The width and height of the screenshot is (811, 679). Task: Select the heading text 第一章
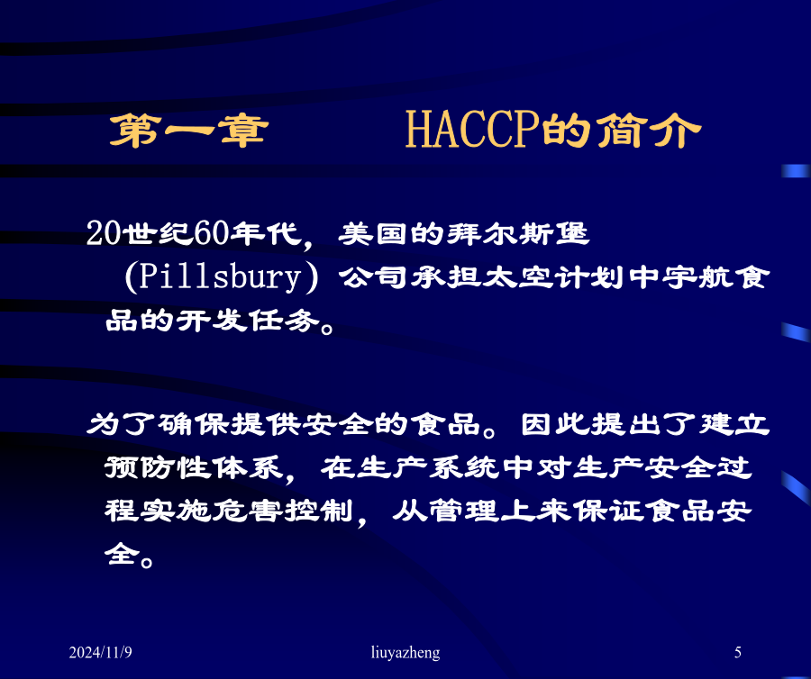189,131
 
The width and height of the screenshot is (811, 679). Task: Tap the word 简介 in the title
649,131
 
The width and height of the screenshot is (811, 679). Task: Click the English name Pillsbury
221,277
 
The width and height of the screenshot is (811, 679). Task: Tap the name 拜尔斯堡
518,233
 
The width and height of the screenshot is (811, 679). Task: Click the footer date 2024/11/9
100,653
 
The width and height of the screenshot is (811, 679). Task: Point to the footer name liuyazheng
405,653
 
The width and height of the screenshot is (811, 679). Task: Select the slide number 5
738,653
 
